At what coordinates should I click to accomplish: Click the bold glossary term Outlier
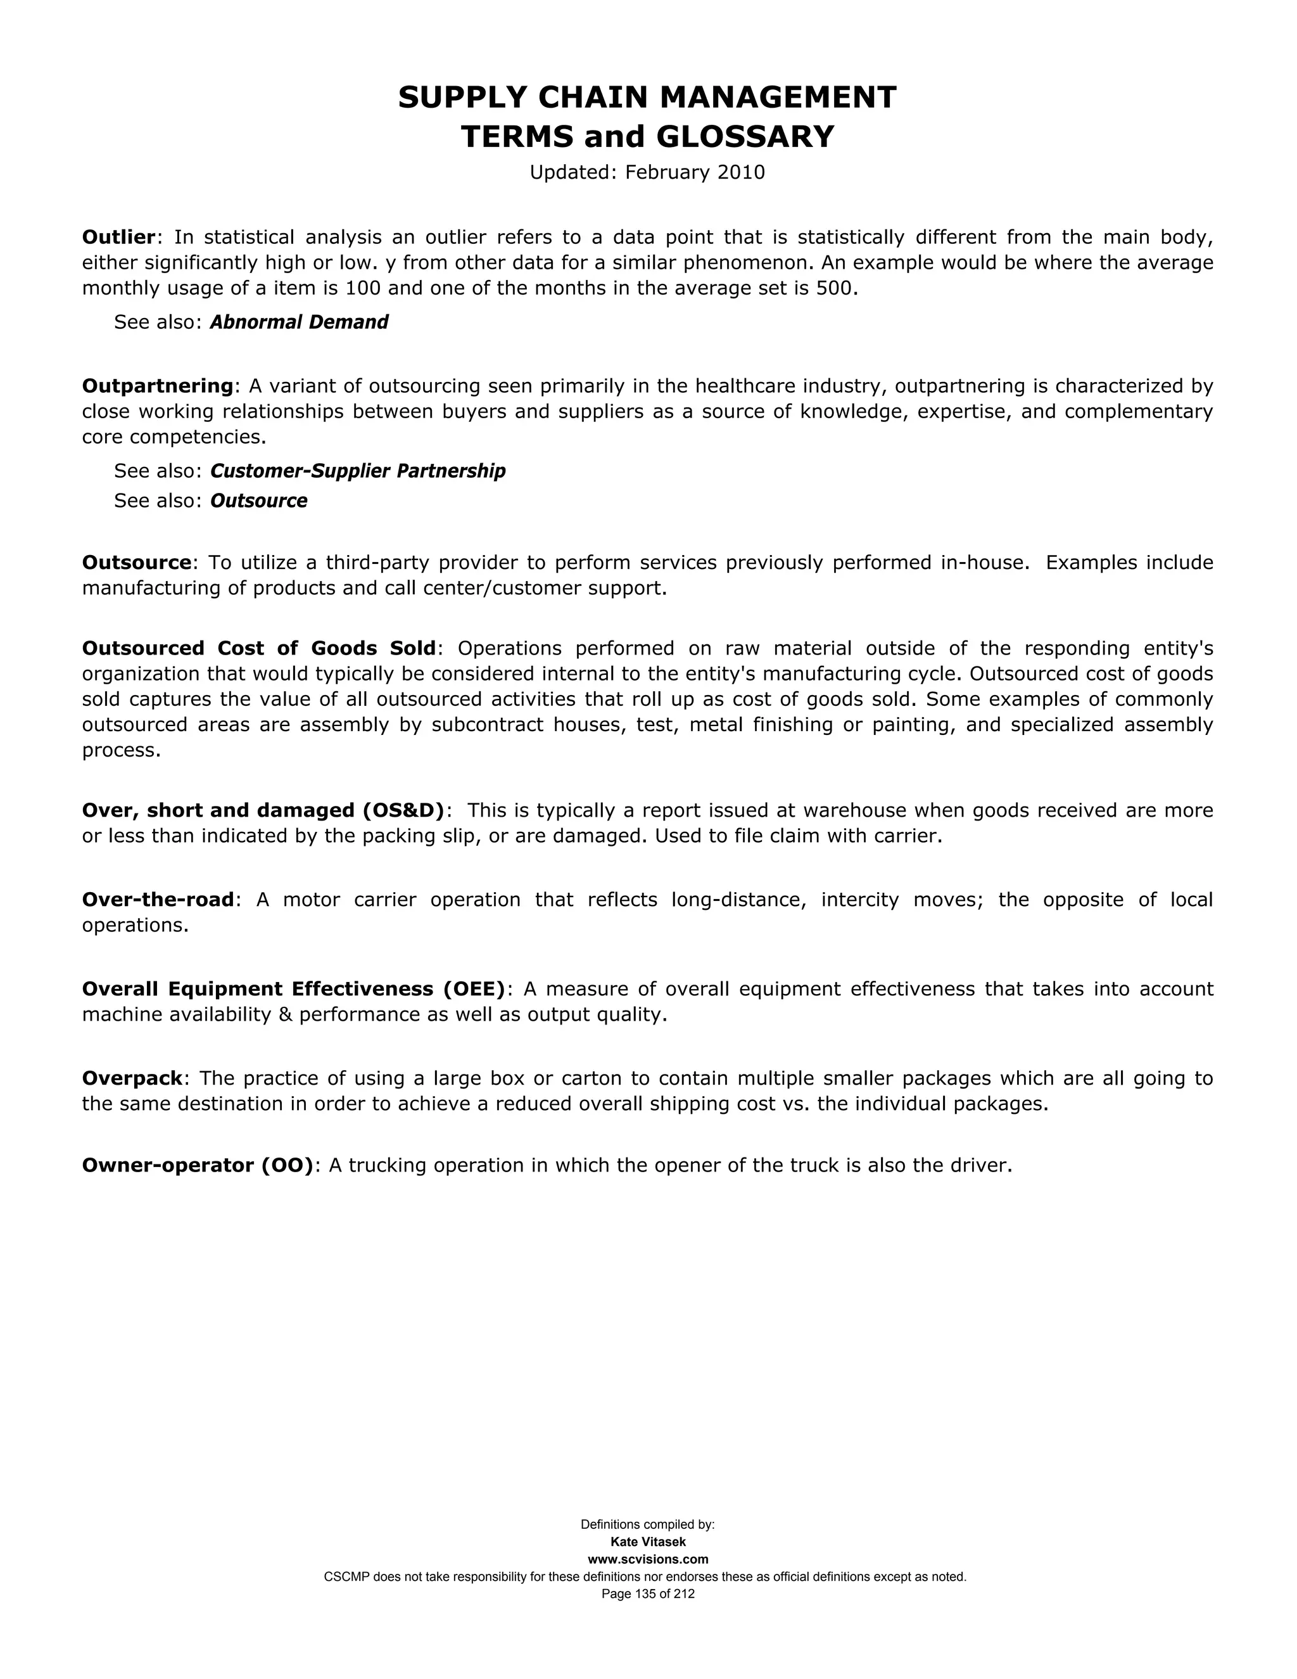[x=118, y=237]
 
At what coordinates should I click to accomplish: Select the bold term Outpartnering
[x=158, y=385]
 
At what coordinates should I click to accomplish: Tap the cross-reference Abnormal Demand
[x=299, y=322]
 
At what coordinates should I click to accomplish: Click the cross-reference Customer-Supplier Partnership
[x=357, y=471]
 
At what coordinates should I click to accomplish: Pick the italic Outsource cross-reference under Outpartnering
[x=258, y=501]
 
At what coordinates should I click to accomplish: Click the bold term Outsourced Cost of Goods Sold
[x=259, y=648]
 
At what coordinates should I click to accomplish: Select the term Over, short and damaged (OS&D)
[x=263, y=810]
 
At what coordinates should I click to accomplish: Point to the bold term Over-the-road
[x=158, y=900]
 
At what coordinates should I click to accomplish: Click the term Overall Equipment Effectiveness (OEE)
[x=293, y=988]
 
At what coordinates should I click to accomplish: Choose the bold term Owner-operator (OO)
[x=198, y=1165]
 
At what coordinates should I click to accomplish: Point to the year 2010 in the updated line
[x=741, y=172]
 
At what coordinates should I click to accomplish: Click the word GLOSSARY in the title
[x=745, y=137]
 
